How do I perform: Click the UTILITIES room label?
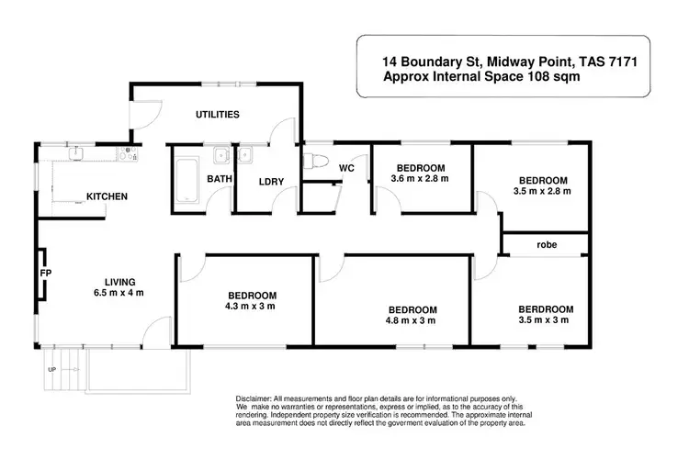pyautogui.click(x=218, y=115)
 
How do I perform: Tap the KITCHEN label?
pyautogui.click(x=107, y=196)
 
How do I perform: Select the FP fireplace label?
pyautogui.click(x=43, y=273)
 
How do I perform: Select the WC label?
pyautogui.click(x=346, y=169)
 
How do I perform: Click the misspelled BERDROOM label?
pyautogui.click(x=545, y=308)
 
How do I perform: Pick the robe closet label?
pyautogui.click(x=542, y=245)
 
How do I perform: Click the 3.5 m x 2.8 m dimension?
pyautogui.click(x=543, y=192)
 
